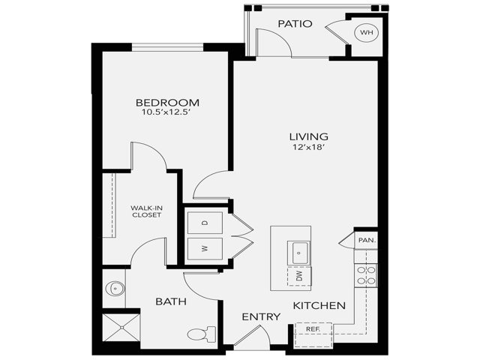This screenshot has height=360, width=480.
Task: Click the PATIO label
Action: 295,24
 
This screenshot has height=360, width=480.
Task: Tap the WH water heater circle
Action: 367,32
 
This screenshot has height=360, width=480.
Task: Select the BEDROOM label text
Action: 167,103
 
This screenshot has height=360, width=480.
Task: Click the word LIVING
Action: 309,136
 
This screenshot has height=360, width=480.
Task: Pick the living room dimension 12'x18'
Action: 309,148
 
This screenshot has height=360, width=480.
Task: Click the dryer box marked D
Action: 205,223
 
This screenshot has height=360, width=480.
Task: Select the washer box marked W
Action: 205,248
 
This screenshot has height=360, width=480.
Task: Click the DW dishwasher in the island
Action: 299,276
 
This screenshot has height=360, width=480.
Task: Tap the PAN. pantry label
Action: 367,240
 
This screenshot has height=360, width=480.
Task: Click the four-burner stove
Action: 366,275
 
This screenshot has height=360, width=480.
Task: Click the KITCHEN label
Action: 319,305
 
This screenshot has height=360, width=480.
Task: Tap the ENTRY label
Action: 261,317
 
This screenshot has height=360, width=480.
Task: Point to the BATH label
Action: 171,301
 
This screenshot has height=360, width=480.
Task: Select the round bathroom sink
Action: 114,287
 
